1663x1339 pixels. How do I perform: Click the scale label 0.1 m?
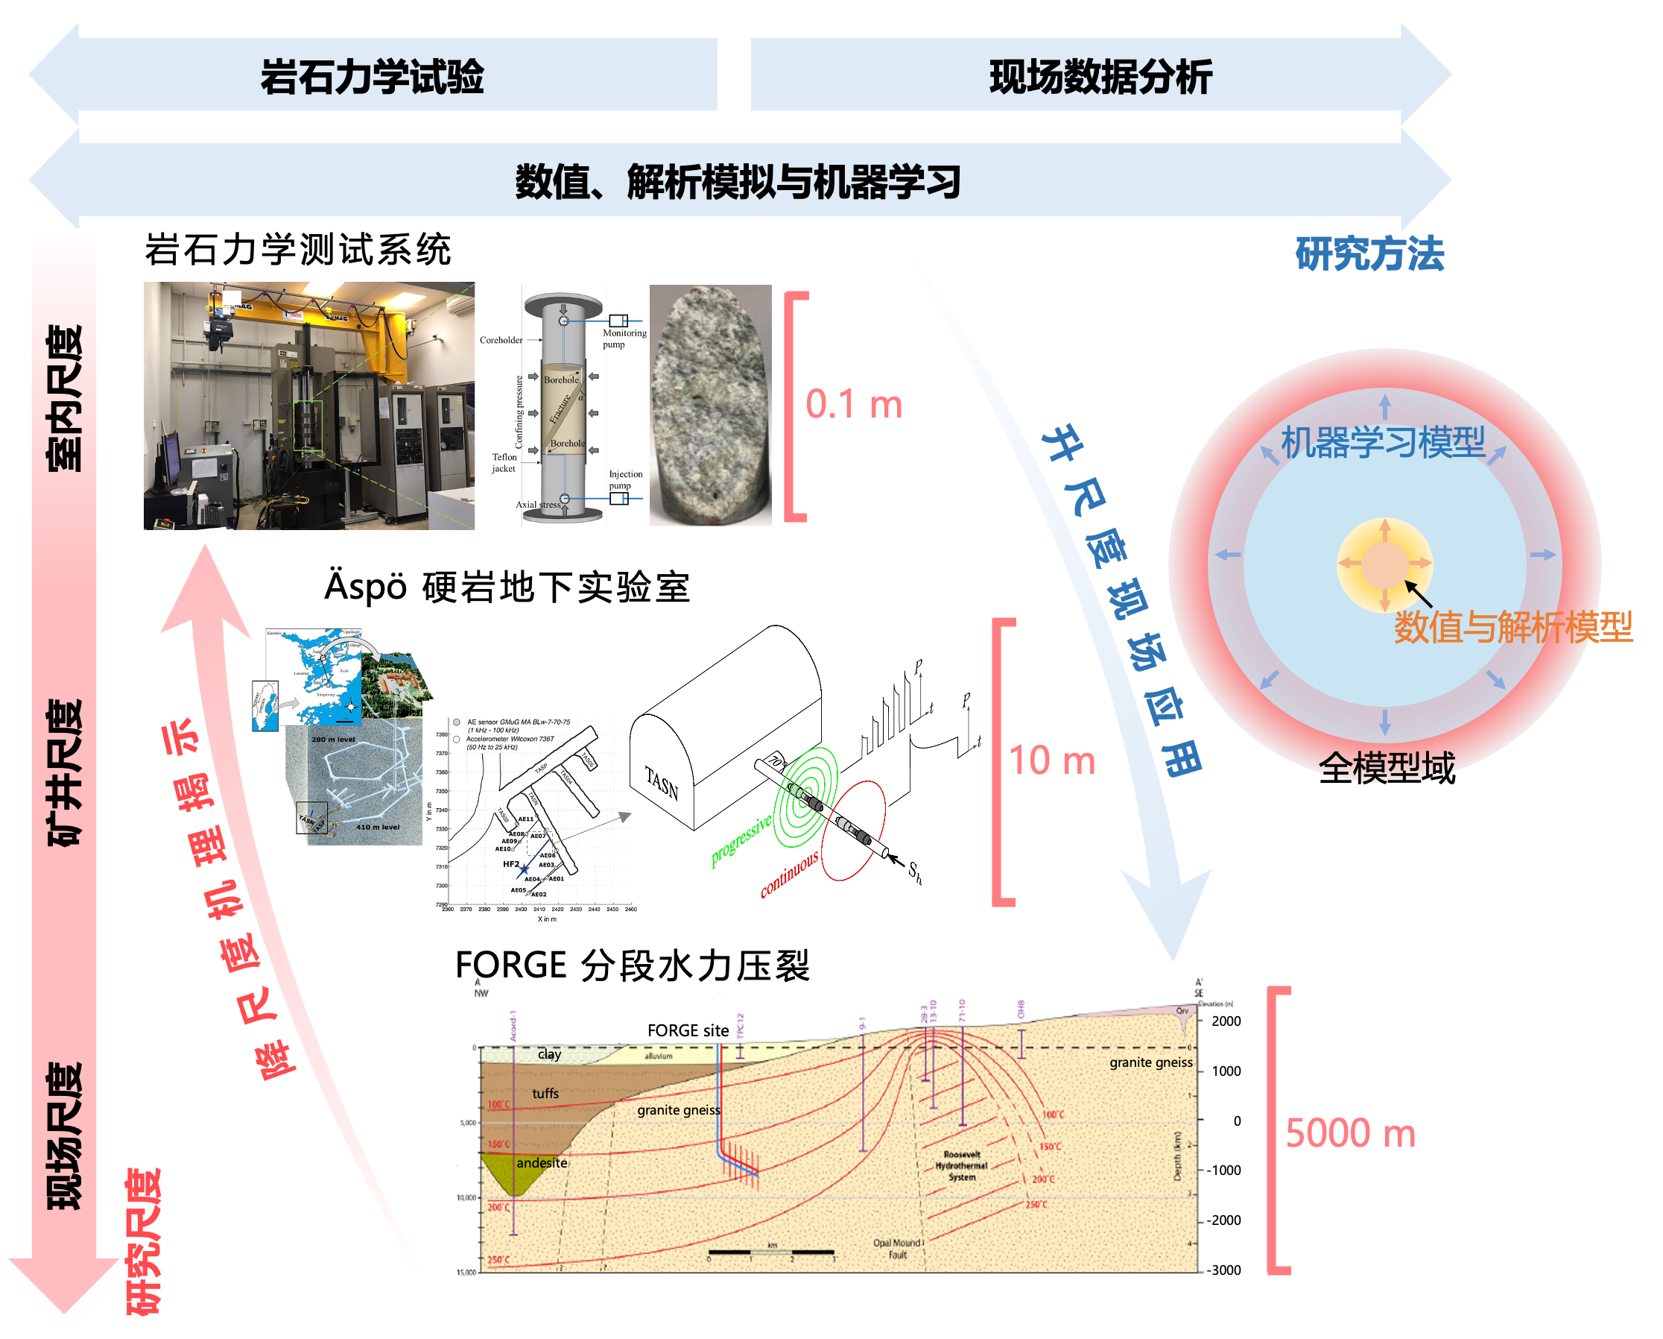point(854,404)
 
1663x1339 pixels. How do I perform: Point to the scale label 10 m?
point(1052,761)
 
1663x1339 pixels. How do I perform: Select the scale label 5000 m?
point(1350,1134)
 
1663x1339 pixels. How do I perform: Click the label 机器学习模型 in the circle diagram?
point(1383,443)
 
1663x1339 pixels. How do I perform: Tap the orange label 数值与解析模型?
point(1512,627)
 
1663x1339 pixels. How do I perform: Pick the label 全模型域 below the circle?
point(1387,768)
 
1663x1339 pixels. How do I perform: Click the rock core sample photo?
point(710,405)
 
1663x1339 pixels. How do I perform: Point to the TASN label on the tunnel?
point(662,784)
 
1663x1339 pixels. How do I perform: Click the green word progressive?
point(741,841)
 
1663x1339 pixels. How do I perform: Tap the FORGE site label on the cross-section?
point(688,1031)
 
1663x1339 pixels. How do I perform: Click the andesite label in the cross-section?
point(542,1163)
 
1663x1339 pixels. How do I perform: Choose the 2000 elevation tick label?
point(1226,1021)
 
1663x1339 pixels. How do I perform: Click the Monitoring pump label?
point(625,338)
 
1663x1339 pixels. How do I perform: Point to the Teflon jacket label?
point(504,462)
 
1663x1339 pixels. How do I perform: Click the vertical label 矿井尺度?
point(65,772)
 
